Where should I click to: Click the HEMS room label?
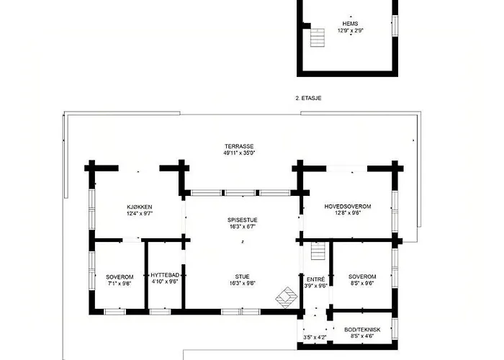[350, 24]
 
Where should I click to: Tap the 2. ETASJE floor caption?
[308, 98]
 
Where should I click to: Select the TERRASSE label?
[239, 146]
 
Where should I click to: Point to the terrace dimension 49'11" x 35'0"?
[239, 153]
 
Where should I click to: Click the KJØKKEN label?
[140, 207]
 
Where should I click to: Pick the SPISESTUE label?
[243, 220]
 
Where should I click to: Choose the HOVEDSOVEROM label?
[348, 207]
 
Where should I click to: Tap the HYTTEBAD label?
[165, 275]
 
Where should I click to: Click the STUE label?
[242, 276]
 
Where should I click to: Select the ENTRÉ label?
[315, 279]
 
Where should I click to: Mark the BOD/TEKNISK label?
[362, 330]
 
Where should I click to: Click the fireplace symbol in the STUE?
[286, 297]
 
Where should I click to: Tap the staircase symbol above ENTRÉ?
[318, 251]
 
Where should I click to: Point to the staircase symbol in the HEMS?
[318, 37]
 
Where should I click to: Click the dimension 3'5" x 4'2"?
[315, 338]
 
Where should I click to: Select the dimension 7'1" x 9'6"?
[120, 284]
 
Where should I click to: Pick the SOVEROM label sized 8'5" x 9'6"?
[362, 276]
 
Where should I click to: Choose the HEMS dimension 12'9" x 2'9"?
[351, 31]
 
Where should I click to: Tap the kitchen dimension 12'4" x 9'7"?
[140, 213]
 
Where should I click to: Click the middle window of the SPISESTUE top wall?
[240, 193]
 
